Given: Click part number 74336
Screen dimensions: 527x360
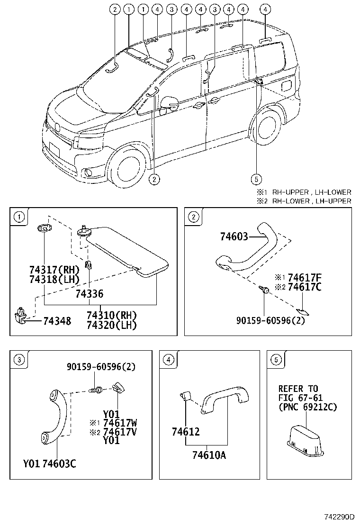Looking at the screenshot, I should point(89,294).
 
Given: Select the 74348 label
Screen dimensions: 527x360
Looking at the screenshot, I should point(57,321).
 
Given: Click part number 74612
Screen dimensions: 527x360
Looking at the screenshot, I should point(186,432).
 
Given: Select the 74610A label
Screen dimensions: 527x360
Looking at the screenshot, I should point(208,455).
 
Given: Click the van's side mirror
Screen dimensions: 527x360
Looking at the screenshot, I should point(169,103).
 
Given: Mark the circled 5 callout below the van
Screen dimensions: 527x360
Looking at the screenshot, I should point(256,179).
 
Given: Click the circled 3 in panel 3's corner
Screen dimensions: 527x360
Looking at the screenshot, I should point(19,360).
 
